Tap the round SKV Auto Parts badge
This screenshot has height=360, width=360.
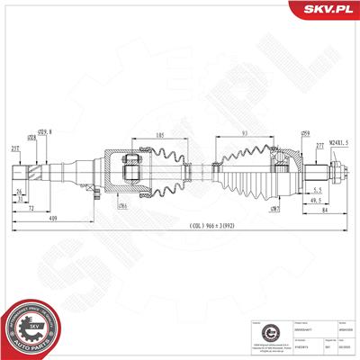tap(28, 328)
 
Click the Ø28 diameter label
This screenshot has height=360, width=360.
tap(31, 138)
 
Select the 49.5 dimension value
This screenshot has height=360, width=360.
tap(317, 202)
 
